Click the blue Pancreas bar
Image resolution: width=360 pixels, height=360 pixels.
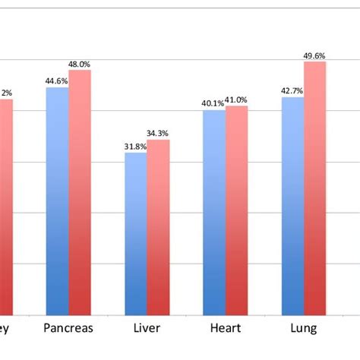(57, 201)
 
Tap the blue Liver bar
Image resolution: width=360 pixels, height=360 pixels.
(135, 234)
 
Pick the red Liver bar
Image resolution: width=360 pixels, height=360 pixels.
(158, 227)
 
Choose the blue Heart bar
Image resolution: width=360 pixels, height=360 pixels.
(214, 213)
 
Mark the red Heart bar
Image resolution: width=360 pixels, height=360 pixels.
(236, 210)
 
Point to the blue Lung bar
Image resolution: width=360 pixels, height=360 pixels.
(292, 206)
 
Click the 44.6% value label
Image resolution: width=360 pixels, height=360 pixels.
(56, 81)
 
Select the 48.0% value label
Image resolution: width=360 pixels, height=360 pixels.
(80, 64)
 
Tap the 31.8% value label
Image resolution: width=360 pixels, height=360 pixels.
(135, 147)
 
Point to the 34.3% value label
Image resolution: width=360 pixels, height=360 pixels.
(159, 134)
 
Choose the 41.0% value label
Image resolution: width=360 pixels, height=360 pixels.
(237, 99)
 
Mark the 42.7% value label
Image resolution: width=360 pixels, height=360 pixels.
(292, 90)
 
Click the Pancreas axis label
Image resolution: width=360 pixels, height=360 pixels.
(68, 329)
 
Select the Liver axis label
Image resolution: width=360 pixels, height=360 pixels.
(147, 329)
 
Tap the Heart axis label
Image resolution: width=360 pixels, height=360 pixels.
(226, 329)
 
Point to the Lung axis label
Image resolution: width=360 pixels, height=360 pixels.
(304, 329)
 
